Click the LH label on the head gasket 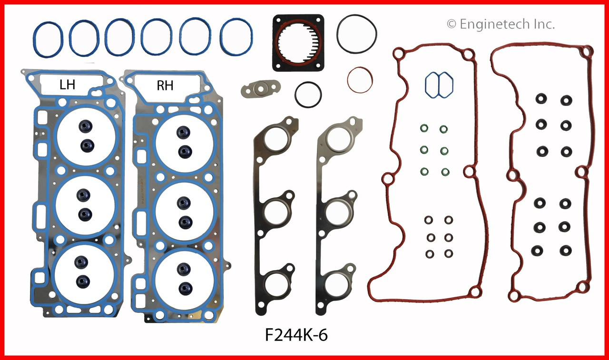point(67,86)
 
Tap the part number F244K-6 point(296,336)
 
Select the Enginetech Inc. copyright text point(501,24)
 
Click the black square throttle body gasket point(298,43)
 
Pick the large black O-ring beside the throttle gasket point(357,35)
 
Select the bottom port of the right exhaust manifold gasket point(339,284)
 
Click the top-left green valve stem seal point(423,129)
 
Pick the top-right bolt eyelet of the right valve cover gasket point(588,51)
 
